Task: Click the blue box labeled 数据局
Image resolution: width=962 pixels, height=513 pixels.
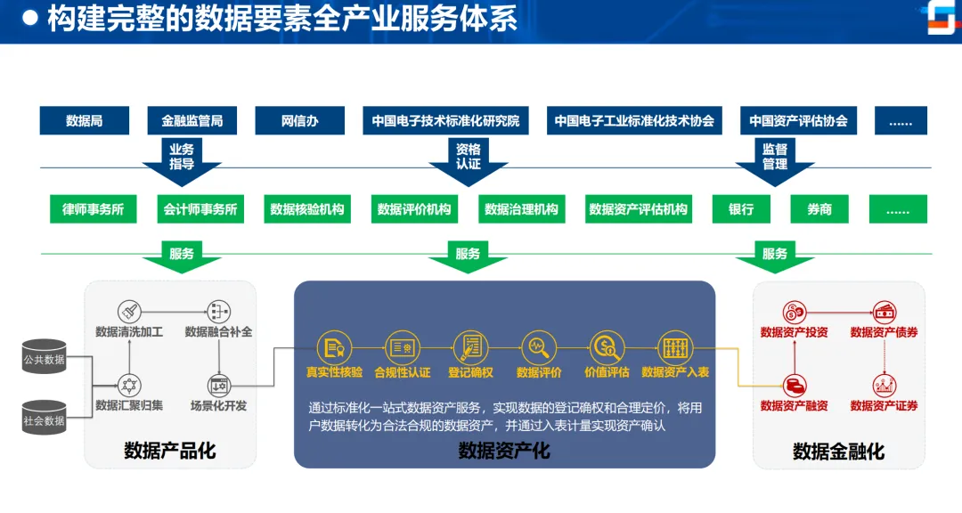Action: (85, 121)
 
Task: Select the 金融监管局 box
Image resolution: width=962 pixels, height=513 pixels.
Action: (192, 121)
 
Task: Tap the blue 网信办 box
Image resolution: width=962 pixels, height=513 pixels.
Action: (299, 121)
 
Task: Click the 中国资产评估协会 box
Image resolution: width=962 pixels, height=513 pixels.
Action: (798, 121)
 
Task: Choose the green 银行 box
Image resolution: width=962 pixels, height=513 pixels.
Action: (741, 209)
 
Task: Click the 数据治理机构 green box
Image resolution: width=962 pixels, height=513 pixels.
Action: (521, 209)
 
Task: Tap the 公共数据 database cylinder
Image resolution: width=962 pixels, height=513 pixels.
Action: (44, 357)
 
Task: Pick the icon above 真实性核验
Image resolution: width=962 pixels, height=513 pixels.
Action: (334, 347)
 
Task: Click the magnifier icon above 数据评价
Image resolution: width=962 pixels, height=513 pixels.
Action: (539, 346)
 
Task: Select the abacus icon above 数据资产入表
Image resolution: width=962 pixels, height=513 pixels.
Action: (674, 346)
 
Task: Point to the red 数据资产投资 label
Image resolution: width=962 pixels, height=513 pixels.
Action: (794, 332)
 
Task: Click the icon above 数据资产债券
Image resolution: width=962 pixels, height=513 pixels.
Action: (884, 313)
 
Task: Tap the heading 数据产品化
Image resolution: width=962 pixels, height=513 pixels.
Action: (169, 452)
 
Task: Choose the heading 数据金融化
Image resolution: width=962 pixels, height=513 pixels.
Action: (838, 452)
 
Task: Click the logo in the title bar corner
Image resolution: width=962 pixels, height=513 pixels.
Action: (940, 19)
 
